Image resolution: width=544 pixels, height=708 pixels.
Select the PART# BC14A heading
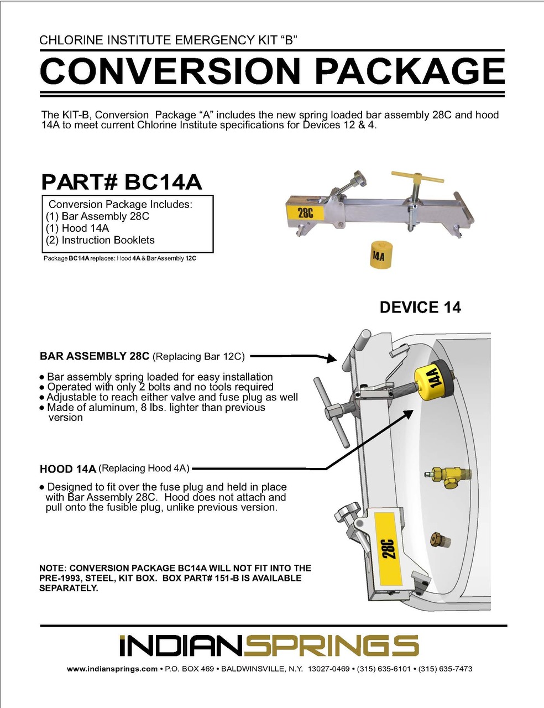coord(121,182)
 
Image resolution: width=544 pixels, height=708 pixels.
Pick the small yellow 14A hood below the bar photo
coord(378,254)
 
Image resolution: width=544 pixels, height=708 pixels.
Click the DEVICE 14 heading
coord(420,308)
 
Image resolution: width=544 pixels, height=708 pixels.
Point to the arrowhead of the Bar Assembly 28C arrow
coord(331,359)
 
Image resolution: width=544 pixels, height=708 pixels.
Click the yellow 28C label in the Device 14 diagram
coord(386,548)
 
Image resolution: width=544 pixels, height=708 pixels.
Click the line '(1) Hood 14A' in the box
coord(77,228)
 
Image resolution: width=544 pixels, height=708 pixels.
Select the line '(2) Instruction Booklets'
coord(100,240)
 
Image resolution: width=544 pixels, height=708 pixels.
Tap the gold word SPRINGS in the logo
coord(332,646)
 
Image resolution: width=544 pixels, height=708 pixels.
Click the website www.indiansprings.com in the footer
coord(112,669)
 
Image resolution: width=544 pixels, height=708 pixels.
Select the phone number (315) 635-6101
coord(384,669)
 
